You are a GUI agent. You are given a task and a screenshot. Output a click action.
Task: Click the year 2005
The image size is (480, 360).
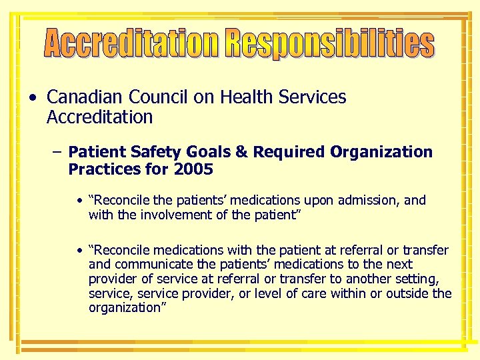coord(193,169)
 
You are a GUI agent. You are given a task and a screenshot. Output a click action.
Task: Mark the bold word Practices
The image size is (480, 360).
coord(99,169)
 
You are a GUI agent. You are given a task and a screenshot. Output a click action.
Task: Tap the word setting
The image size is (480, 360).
coord(425,279)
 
